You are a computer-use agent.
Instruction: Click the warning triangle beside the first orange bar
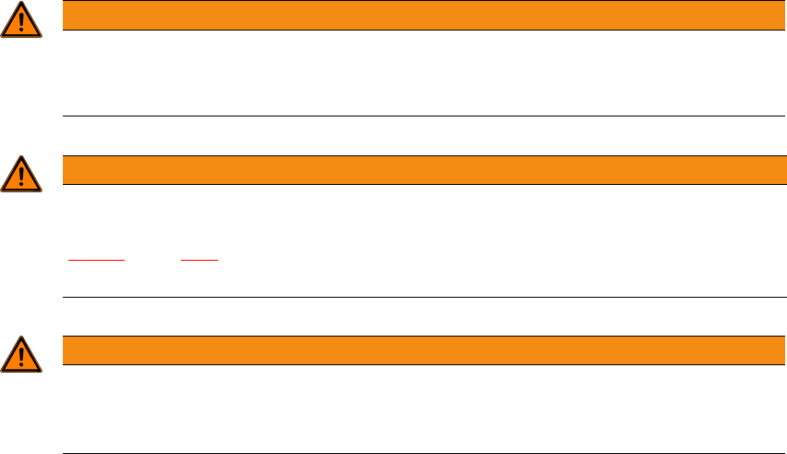pyautogui.click(x=20, y=21)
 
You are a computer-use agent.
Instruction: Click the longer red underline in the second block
pyautogui.click(x=97, y=261)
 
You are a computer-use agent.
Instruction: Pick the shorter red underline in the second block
pyautogui.click(x=200, y=261)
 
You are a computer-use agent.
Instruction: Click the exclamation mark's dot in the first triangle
pyautogui.click(x=20, y=30)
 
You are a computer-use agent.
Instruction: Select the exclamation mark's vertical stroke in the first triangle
pyautogui.click(x=20, y=18)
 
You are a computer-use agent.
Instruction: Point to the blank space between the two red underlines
pyautogui.click(x=152, y=259)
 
